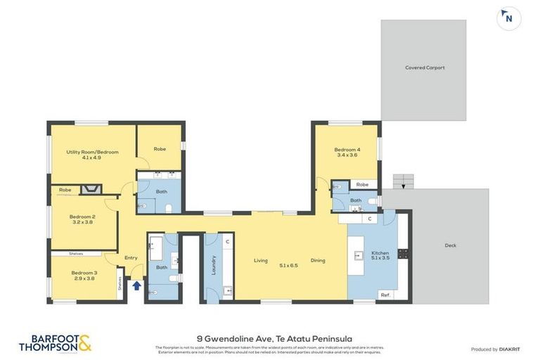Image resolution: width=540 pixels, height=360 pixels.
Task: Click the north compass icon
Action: point(508,19)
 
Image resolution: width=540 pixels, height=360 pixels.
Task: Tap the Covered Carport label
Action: point(425,68)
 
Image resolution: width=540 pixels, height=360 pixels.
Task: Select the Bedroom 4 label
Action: point(347,152)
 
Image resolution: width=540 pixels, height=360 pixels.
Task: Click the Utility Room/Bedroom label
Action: point(93,155)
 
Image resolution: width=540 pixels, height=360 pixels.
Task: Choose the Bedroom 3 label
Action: point(83,275)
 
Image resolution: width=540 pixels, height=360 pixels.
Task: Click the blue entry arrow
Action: point(136,285)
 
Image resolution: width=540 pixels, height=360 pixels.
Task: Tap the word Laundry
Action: point(214,265)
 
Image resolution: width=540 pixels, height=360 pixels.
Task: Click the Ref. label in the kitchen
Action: point(385,295)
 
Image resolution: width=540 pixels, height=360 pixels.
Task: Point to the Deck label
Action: point(450,245)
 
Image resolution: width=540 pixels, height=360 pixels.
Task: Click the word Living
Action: point(261,261)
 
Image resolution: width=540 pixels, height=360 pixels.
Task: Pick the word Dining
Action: point(318,261)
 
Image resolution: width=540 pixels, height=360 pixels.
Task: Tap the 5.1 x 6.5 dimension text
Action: point(289,265)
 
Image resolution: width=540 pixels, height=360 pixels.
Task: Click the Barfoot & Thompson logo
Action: point(55,343)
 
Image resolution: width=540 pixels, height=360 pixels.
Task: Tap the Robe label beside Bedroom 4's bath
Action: point(361,184)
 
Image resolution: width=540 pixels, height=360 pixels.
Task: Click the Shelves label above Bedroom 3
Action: point(76,253)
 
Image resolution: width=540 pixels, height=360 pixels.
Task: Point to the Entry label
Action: point(131,258)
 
